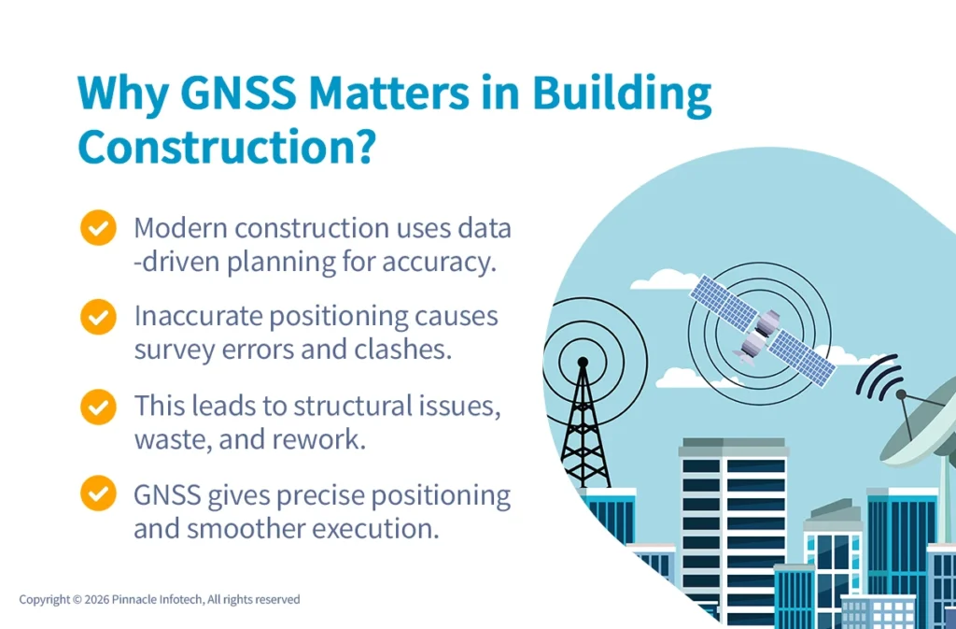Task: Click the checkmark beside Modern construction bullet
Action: (x=97, y=228)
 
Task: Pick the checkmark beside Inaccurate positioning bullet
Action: (x=97, y=317)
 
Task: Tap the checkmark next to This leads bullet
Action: (x=97, y=407)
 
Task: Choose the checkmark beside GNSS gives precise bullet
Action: (x=97, y=495)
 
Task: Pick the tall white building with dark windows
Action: (x=732, y=523)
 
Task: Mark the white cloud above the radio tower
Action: (x=666, y=279)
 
